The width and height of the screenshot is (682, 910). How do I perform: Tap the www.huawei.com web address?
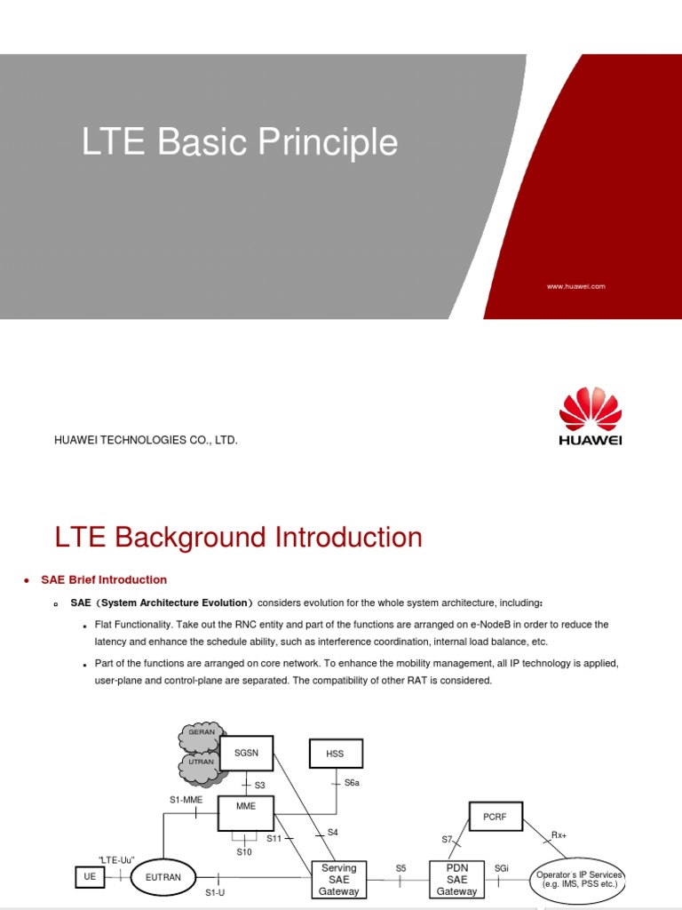coord(576,286)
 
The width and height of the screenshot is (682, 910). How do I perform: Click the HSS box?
coord(334,754)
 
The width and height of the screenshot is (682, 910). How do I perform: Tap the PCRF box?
coord(496,816)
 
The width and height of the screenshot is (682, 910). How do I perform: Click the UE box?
coord(90,876)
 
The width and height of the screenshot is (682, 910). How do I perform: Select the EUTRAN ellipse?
coord(163,877)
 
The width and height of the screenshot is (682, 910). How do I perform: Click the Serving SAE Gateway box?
coord(338,879)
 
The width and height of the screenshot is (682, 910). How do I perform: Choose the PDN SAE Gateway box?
coord(457,879)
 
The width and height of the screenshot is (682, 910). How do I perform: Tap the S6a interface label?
coord(352,783)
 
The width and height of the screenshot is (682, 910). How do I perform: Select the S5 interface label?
coord(400,867)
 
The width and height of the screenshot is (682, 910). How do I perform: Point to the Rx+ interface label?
coord(559,835)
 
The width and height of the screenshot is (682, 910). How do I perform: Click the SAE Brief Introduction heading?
coord(104,580)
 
